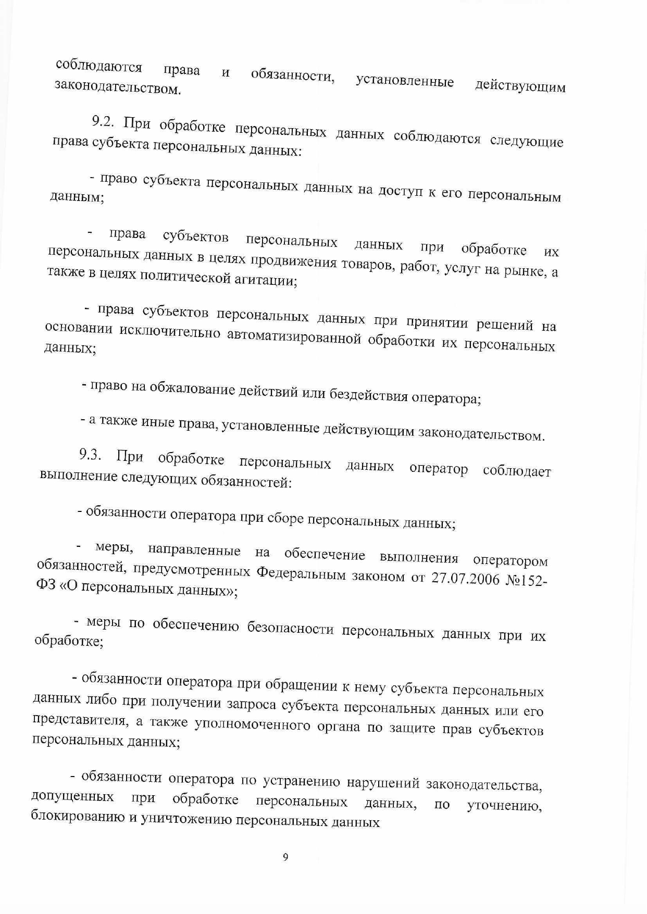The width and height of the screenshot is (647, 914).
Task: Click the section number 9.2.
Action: pos(104,121)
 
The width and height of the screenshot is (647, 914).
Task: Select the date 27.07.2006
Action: pos(465,579)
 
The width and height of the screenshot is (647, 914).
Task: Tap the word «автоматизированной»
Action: pos(294,337)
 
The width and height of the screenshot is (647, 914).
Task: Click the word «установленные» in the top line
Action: pos(405,81)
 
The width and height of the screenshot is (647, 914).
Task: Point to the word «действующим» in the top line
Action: pos(520,86)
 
